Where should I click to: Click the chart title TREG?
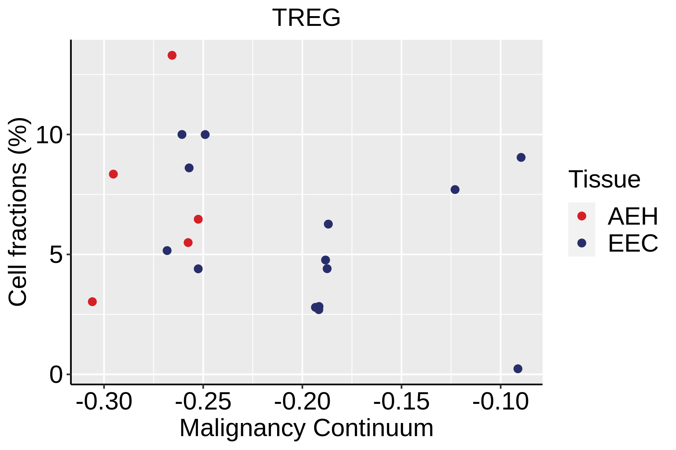pos(306,18)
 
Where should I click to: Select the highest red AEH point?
pos(172,55)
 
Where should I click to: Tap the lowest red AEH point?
pos(92,301)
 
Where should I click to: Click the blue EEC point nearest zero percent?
pos(518,369)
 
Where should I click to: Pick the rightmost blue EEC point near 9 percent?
pos(521,157)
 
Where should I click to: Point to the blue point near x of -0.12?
pos(455,189)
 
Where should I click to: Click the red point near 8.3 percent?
pos(113,174)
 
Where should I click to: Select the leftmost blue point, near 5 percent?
pos(167,250)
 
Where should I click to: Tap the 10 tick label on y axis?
pos(49,135)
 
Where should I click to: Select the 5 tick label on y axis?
pos(56,255)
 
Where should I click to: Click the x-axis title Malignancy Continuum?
pos(306,428)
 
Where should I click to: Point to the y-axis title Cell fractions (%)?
pos(18,212)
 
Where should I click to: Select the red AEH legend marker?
pos(582,216)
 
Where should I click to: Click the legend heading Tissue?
pos(604,179)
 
